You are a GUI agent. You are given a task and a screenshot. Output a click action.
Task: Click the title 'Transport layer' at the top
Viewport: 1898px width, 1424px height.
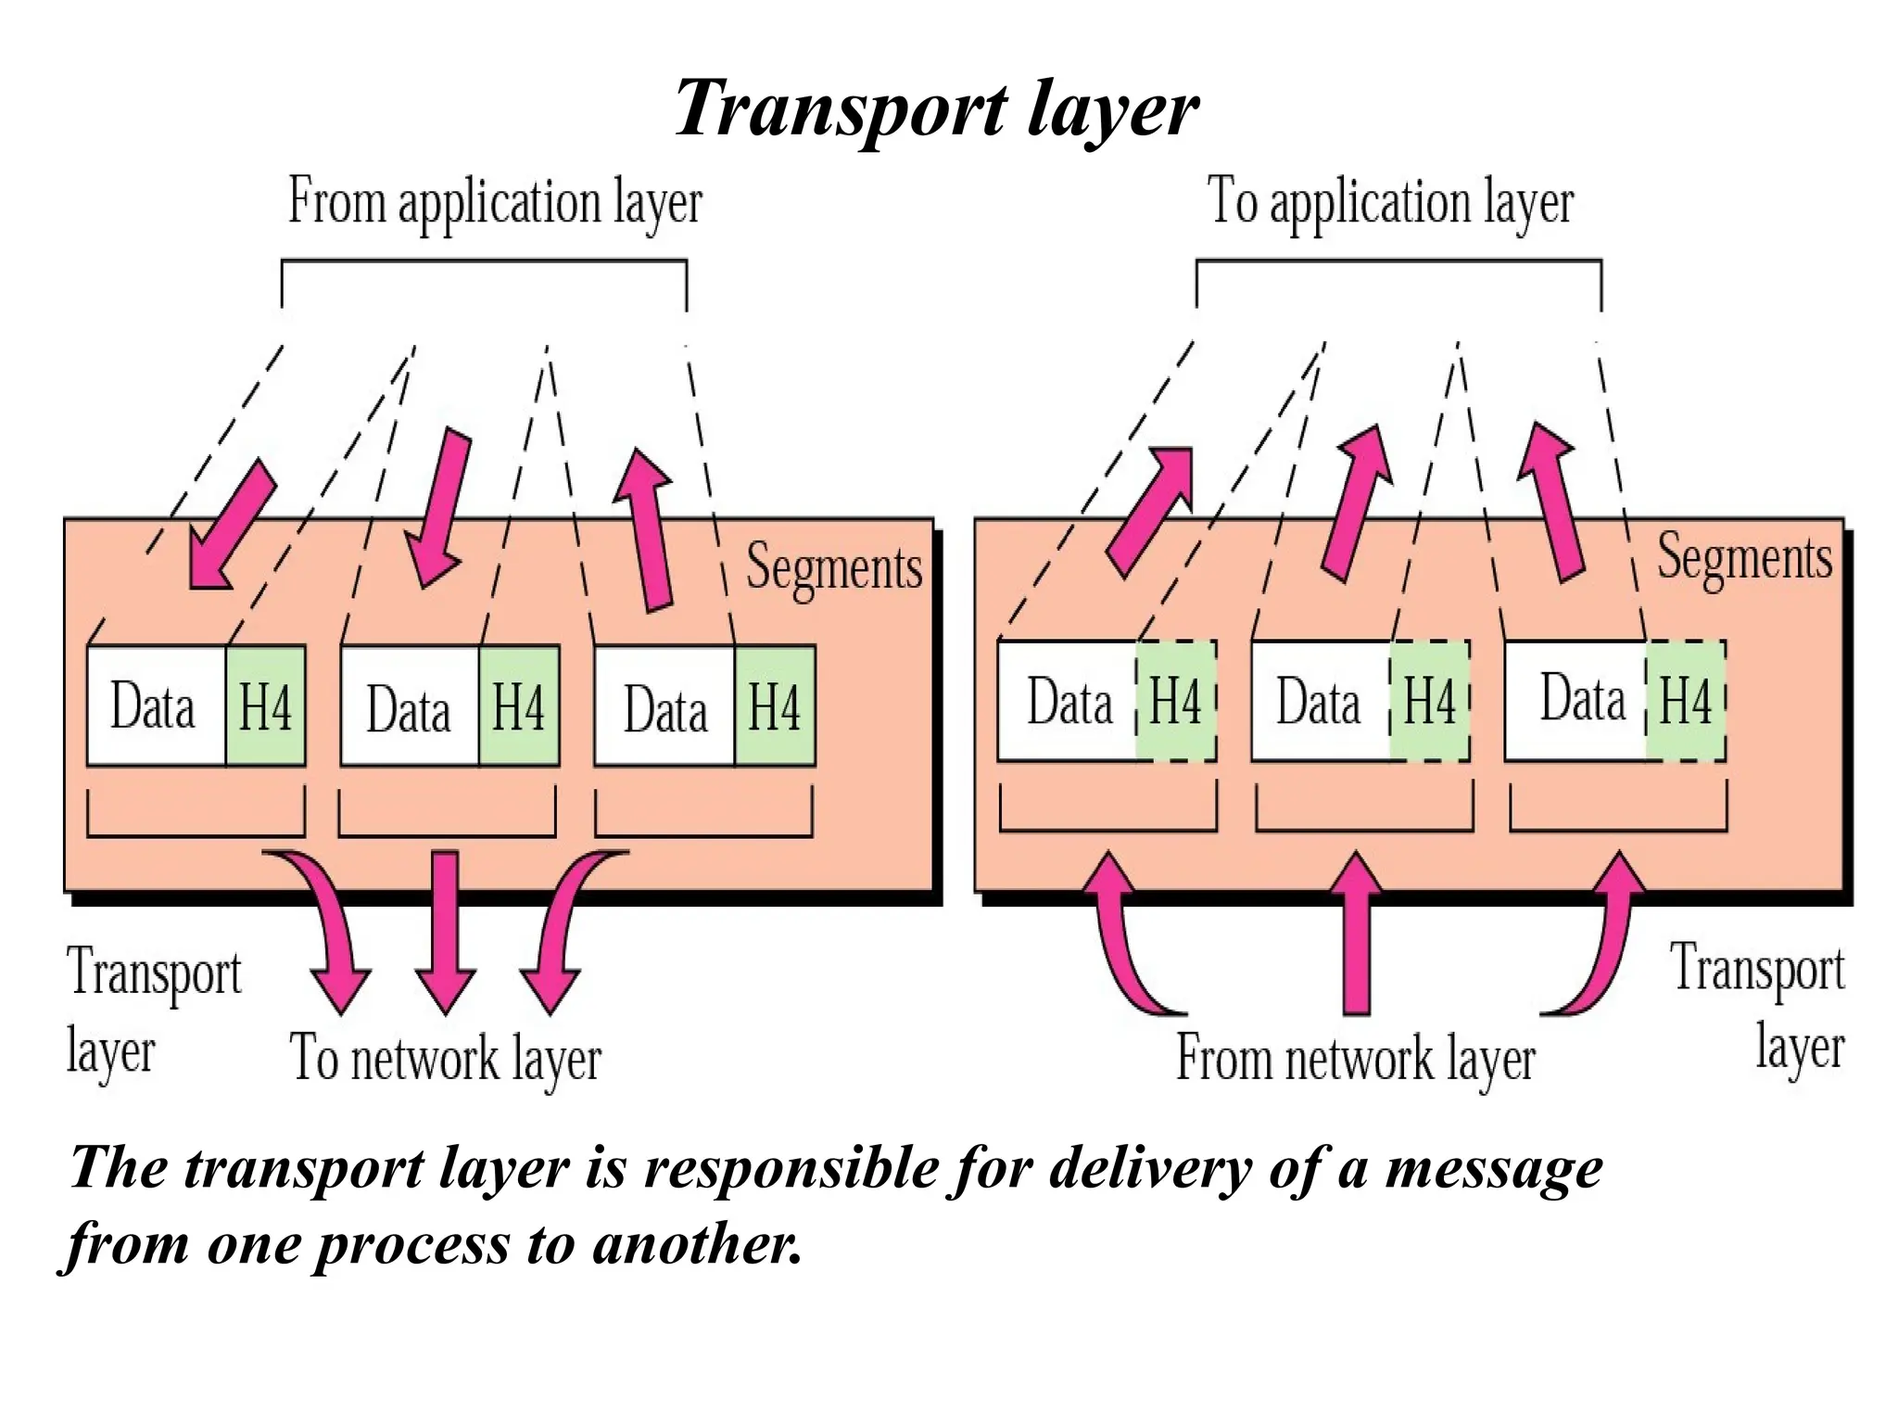[936, 109]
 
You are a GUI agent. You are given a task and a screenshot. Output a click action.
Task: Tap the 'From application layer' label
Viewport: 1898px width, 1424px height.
[495, 201]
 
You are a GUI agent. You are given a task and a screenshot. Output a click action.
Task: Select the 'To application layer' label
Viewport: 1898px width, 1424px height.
[1390, 201]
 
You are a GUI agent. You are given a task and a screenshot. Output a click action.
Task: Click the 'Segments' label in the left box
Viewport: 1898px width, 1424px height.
[834, 566]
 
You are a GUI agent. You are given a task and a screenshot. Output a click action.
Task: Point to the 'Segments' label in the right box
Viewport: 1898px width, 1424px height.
[1744, 557]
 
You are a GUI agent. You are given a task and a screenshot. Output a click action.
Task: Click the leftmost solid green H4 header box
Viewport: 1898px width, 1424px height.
[266, 706]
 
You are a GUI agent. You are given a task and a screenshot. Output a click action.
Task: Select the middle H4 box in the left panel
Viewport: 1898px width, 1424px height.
[519, 706]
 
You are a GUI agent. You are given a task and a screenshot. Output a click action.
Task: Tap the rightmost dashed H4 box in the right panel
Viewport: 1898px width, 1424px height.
[1685, 701]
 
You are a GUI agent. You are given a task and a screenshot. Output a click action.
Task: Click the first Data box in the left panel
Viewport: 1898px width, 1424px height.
[156, 706]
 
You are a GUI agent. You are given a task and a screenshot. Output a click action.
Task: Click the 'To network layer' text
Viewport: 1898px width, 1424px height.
[446, 1058]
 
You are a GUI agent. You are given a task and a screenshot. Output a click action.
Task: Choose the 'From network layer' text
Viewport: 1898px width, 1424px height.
[1355, 1058]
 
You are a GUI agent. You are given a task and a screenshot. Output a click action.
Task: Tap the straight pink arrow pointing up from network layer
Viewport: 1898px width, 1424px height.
[1356, 932]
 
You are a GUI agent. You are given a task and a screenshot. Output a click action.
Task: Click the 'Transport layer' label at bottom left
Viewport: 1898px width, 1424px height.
[153, 1011]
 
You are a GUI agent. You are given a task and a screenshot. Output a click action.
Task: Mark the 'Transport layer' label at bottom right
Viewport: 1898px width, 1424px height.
[1756, 1007]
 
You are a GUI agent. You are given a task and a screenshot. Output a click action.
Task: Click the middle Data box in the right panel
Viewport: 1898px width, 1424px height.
[1320, 702]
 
